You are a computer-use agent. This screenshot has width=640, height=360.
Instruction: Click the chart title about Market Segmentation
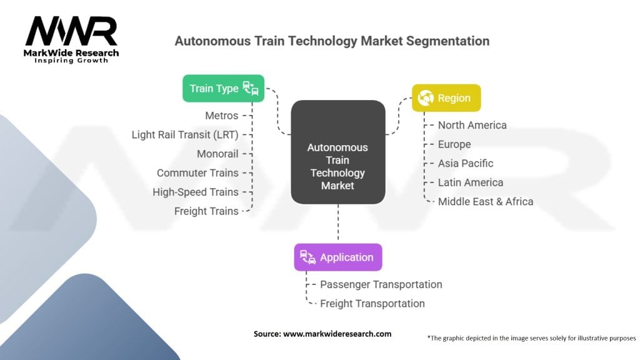pyautogui.click(x=332, y=41)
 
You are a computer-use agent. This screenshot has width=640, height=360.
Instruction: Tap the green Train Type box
pyautogui.click(x=223, y=88)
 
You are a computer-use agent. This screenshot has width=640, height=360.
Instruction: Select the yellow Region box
pyautogui.click(x=446, y=98)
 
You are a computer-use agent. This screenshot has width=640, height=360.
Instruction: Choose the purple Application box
pyautogui.click(x=337, y=257)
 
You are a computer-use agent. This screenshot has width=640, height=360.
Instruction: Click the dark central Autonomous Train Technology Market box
pyautogui.click(x=338, y=166)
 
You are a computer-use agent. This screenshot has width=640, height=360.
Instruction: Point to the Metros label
pyautogui.click(x=221, y=116)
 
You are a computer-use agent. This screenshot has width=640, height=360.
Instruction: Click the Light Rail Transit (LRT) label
pyautogui.click(x=185, y=134)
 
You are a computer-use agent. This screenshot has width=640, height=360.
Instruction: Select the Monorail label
pyautogui.click(x=217, y=154)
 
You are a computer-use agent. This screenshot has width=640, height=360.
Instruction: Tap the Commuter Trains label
pyautogui.click(x=197, y=173)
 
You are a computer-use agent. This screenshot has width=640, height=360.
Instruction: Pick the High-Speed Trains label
pyautogui.click(x=196, y=192)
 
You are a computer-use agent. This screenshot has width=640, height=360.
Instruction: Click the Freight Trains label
pyautogui.click(x=206, y=211)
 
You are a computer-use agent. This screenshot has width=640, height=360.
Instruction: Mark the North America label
pyautogui.click(x=472, y=125)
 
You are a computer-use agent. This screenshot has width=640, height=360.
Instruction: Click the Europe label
pyautogui.click(x=454, y=144)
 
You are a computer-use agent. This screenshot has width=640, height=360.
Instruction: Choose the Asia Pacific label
pyautogui.click(x=466, y=163)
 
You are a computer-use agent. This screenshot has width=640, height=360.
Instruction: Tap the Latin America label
pyautogui.click(x=471, y=182)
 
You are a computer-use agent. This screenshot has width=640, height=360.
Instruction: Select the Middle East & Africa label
pyautogui.click(x=486, y=201)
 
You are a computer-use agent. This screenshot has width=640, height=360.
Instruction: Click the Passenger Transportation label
pyautogui.click(x=381, y=284)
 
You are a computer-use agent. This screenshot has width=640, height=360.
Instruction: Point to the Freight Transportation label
pyautogui.click(x=372, y=303)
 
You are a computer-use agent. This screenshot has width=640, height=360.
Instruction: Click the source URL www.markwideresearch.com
pyautogui.click(x=337, y=334)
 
